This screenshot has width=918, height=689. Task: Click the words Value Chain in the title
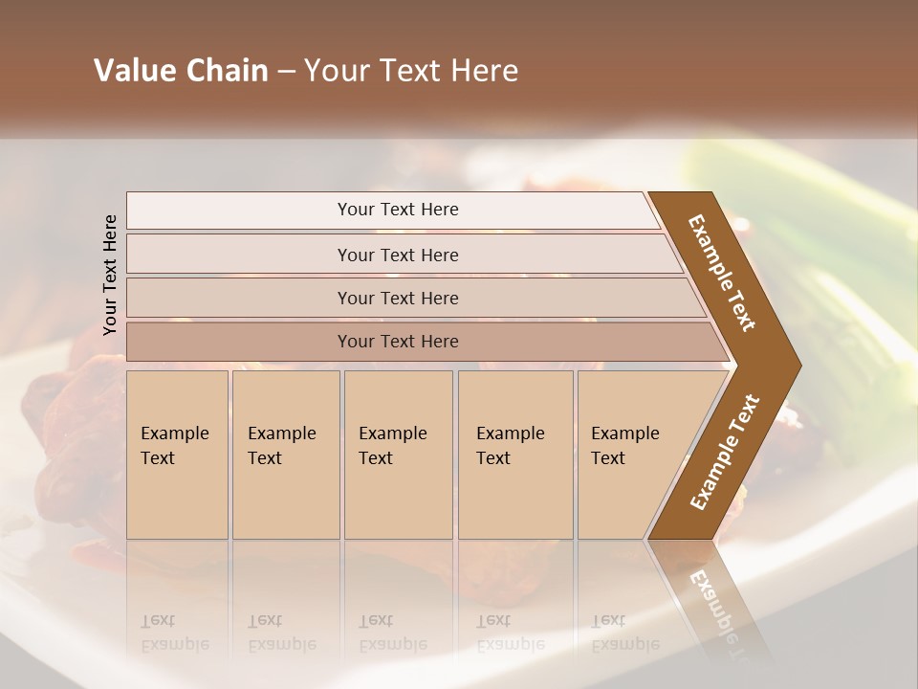click(181, 71)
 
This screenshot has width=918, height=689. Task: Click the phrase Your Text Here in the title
click(411, 71)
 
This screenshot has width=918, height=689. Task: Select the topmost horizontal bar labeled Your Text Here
click(397, 210)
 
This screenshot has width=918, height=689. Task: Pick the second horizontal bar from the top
click(397, 255)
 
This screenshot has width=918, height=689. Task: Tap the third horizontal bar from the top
click(397, 298)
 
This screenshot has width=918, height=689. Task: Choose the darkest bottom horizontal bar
click(397, 342)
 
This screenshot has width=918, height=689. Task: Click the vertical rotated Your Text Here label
click(110, 275)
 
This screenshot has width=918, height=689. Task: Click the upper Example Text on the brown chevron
click(722, 274)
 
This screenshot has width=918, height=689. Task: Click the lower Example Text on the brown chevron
click(725, 452)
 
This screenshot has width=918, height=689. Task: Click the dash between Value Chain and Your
click(286, 72)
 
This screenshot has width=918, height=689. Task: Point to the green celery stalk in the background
click(822, 287)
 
